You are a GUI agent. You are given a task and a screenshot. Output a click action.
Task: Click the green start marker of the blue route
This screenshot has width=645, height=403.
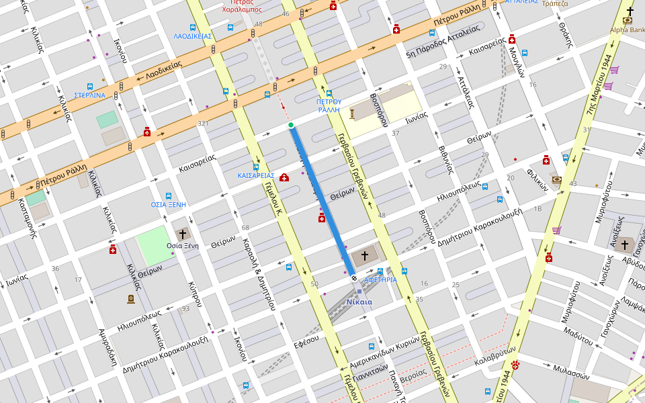291,125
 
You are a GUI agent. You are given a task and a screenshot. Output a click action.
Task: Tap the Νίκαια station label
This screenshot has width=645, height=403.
359,302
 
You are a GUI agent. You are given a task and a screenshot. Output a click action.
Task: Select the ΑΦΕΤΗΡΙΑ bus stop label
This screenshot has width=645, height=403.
380,279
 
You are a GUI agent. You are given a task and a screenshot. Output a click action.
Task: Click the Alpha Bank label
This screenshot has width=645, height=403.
627,30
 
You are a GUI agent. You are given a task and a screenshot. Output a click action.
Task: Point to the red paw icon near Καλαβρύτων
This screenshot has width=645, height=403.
516,365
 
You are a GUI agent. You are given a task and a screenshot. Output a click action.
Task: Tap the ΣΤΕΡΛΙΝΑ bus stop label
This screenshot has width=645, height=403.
89,95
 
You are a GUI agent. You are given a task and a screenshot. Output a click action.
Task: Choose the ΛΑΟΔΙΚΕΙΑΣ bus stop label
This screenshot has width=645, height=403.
193,36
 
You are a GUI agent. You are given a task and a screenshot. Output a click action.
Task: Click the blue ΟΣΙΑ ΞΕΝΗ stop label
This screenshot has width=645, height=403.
168,204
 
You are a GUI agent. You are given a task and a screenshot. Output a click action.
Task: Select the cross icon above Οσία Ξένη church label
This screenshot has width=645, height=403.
182,234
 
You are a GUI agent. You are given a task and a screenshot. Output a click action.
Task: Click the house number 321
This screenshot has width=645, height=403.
203,124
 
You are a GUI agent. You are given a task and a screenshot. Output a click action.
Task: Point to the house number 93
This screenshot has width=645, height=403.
185,309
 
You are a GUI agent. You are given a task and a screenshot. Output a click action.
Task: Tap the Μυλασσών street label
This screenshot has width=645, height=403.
570,371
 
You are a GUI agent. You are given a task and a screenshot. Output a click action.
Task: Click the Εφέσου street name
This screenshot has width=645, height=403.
306,341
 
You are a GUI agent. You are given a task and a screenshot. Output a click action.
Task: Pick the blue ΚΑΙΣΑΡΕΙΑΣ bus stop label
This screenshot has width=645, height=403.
256,175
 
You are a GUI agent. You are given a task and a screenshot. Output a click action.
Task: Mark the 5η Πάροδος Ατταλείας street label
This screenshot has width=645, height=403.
443,42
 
